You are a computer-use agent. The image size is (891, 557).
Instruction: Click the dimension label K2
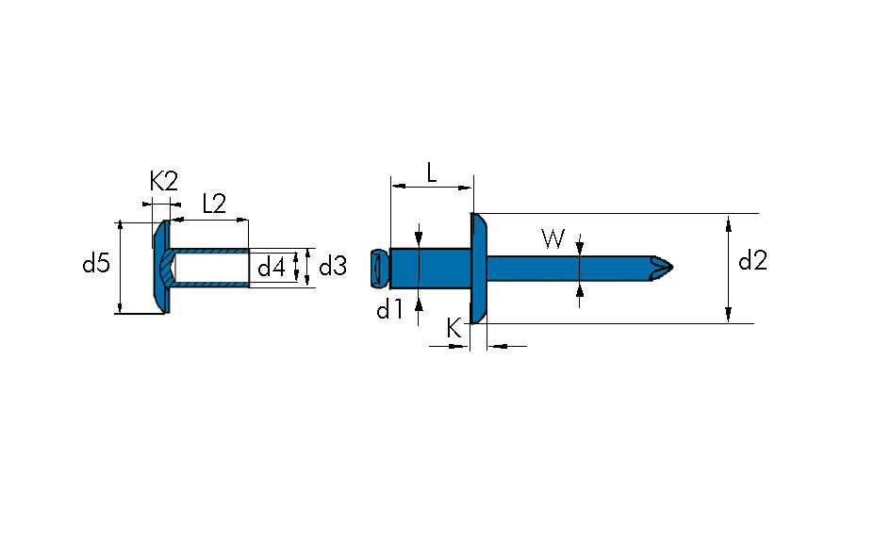tap(163, 182)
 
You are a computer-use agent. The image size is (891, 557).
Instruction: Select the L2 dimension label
tap(214, 204)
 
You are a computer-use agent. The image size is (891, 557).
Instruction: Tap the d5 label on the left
tap(96, 264)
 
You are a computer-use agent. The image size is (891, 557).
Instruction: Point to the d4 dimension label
tap(272, 267)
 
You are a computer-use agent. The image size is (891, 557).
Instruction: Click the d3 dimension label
tap(333, 267)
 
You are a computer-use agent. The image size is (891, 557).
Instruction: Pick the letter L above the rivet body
tap(431, 172)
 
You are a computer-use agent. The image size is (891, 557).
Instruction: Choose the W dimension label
tap(553, 239)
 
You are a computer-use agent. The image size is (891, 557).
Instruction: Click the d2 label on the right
tap(751, 262)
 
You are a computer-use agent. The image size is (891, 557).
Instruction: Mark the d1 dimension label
tap(389, 309)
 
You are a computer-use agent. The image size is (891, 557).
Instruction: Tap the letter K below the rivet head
tap(454, 329)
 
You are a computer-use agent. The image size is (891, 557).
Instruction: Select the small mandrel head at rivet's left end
tap(379, 268)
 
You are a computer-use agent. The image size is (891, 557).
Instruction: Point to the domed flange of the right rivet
tap(479, 268)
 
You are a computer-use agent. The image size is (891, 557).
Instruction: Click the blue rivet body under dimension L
tap(430, 268)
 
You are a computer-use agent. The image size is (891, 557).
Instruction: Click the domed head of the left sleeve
tap(161, 267)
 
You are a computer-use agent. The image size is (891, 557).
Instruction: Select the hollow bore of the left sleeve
tap(212, 268)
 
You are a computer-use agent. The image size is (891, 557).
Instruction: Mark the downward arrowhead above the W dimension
tap(580, 248)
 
